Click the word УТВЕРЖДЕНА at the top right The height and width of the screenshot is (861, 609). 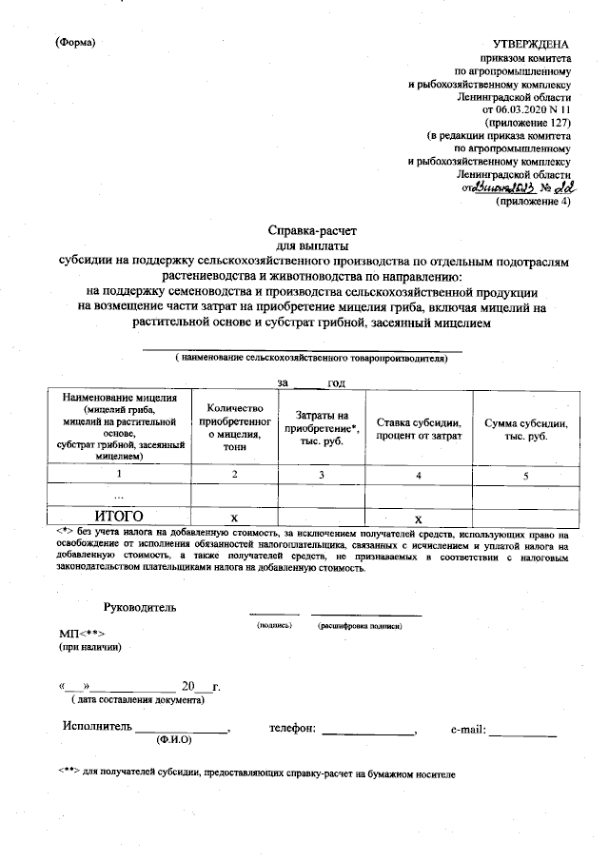coord(531,45)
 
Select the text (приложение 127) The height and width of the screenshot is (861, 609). coord(528,123)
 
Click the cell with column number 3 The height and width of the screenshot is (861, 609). coord(322,473)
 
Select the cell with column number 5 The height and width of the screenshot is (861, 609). coord(526,473)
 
